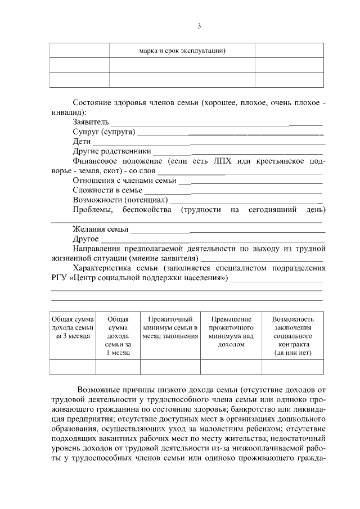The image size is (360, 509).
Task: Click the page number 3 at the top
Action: click(x=199, y=26)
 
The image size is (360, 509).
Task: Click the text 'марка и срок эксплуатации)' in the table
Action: click(x=182, y=50)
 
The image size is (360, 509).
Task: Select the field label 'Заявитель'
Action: click(x=91, y=121)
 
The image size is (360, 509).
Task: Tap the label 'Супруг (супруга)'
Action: click(x=104, y=132)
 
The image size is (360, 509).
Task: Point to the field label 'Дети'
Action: click(x=82, y=141)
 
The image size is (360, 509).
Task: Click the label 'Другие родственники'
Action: click(x=112, y=151)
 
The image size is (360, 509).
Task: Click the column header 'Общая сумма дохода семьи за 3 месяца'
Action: click(x=73, y=327)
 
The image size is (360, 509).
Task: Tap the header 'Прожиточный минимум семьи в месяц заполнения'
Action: click(x=170, y=327)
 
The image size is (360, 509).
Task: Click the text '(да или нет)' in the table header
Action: click(x=292, y=353)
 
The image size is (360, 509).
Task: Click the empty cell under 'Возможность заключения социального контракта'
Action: click(x=292, y=367)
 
